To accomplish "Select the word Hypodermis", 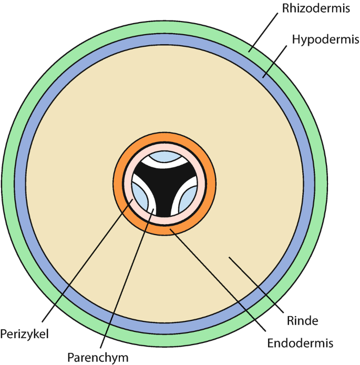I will pyautogui.click(x=318, y=39).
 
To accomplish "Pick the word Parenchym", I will pyautogui.click(x=98, y=357).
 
